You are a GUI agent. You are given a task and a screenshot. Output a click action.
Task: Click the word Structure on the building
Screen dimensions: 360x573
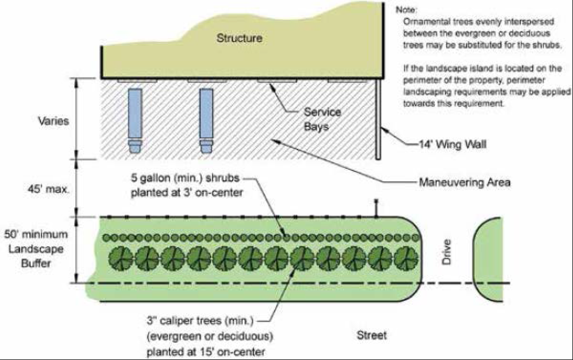[x=239, y=38]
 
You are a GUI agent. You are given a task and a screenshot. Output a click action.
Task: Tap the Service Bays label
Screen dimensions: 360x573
[x=322, y=119]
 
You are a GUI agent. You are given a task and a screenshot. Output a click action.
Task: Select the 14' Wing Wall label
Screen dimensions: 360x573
[x=453, y=144]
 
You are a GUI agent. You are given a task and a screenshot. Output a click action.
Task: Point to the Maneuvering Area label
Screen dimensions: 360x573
[x=465, y=182]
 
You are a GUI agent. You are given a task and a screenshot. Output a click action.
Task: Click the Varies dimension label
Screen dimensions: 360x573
[x=54, y=121]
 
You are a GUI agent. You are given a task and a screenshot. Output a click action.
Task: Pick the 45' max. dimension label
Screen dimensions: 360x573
[x=48, y=189]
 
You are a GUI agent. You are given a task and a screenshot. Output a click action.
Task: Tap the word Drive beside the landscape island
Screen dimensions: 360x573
[x=447, y=252]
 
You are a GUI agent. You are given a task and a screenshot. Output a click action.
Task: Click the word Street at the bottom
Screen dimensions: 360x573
[x=372, y=335]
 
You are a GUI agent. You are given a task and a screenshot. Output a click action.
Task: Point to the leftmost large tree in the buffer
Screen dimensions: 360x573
[x=121, y=258]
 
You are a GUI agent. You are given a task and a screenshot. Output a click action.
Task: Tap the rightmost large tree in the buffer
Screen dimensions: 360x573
[x=406, y=258]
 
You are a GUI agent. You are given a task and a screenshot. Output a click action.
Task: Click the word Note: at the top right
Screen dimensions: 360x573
[x=406, y=10]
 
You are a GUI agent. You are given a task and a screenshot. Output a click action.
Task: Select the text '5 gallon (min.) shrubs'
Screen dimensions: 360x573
[x=185, y=178]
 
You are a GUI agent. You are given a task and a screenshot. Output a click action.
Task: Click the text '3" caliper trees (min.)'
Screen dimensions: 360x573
[x=200, y=321]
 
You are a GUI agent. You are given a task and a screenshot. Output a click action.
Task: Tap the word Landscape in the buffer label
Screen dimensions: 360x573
[x=36, y=249]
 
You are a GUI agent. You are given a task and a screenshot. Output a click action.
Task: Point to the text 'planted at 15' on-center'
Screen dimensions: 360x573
[x=206, y=352]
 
